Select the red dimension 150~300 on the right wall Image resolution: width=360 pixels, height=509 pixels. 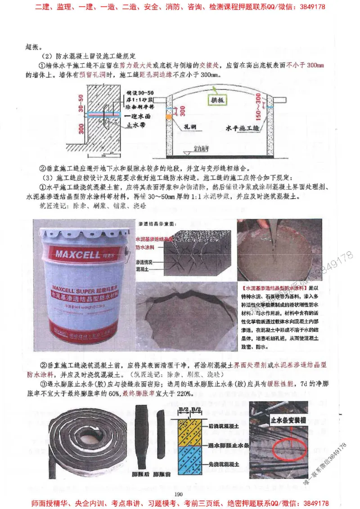[258, 107]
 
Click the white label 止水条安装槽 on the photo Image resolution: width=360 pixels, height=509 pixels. [286, 420]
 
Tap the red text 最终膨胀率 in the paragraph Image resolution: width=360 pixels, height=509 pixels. [136, 393]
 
